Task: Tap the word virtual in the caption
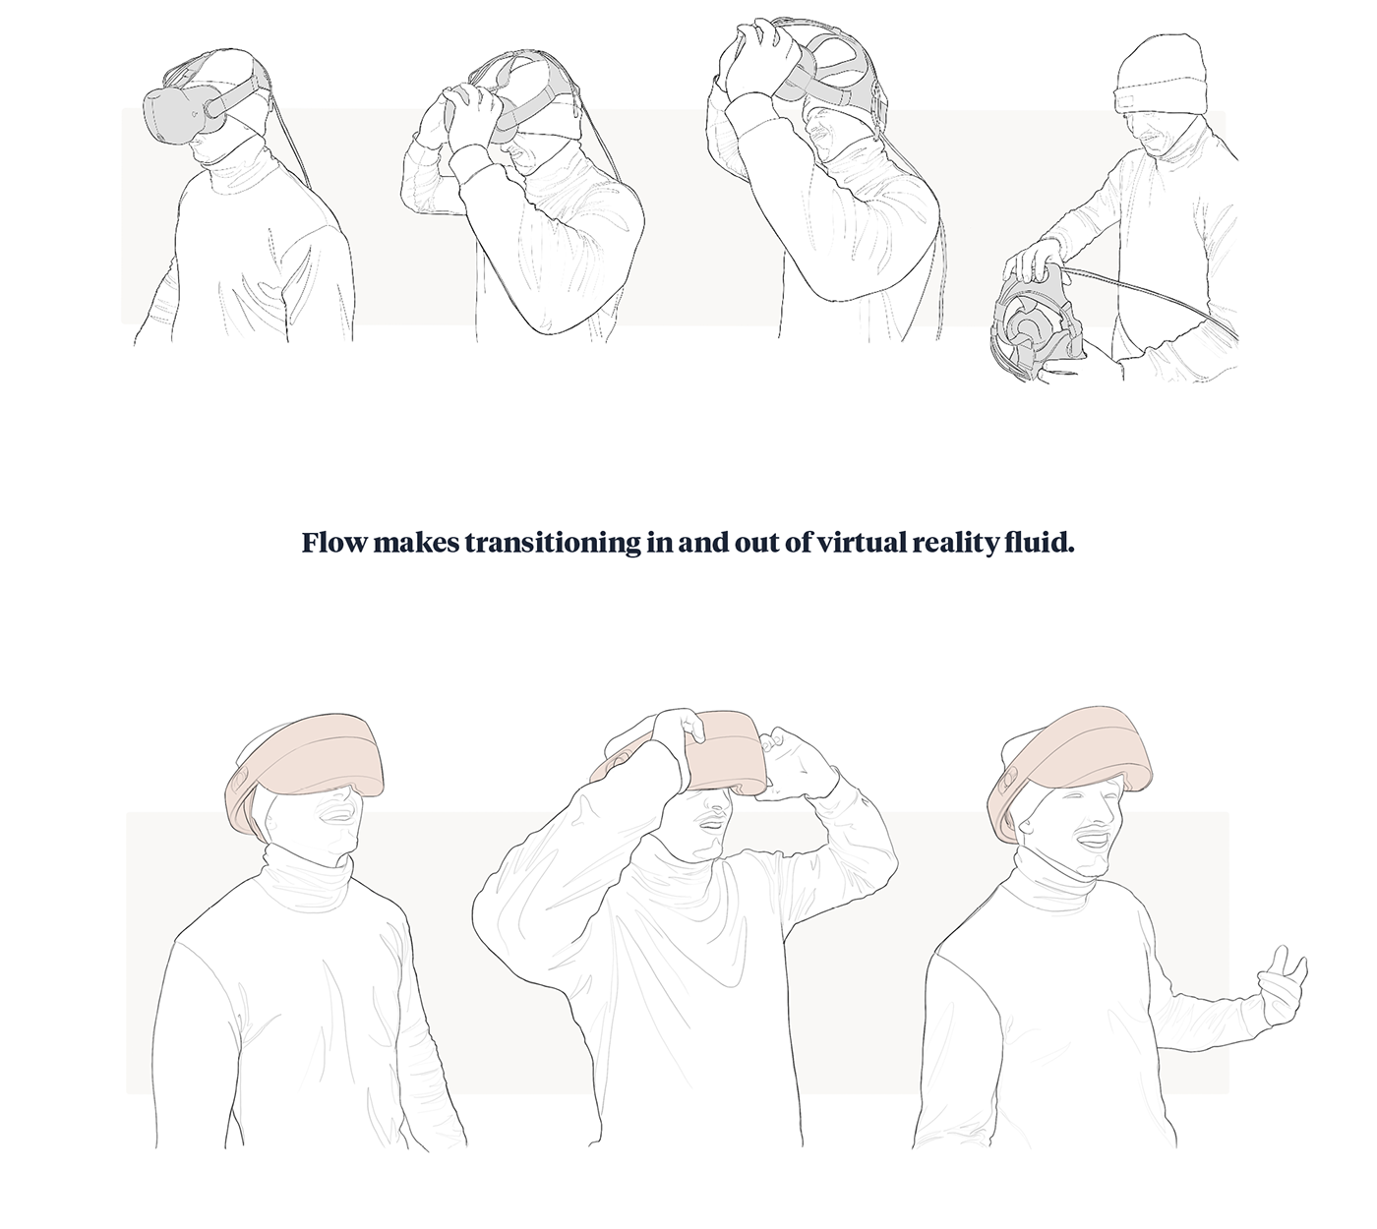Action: click(857, 543)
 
